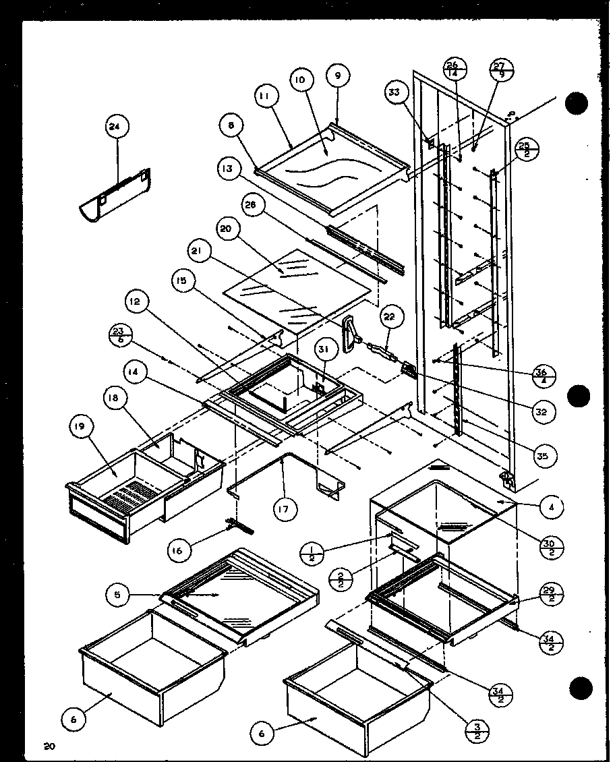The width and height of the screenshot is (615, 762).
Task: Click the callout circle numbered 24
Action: pyautogui.click(x=117, y=126)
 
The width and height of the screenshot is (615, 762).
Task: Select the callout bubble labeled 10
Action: pyautogui.click(x=300, y=80)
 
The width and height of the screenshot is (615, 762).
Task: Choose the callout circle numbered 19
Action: pyautogui.click(x=78, y=426)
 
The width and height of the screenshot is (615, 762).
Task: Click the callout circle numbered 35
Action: pyautogui.click(x=544, y=456)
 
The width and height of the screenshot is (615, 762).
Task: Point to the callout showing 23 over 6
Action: pyautogui.click(x=119, y=336)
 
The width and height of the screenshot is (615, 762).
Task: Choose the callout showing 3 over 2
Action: pyautogui.click(x=477, y=730)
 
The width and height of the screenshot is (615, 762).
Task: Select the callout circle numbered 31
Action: pyautogui.click(x=324, y=349)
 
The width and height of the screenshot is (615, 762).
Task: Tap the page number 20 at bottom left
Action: pyautogui.click(x=48, y=745)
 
